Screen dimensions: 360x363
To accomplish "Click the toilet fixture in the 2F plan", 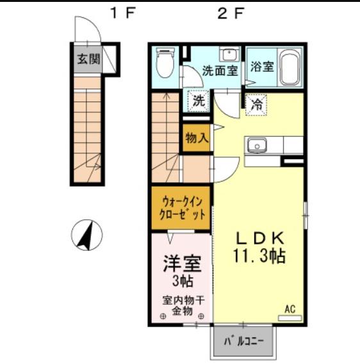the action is pos(165,63).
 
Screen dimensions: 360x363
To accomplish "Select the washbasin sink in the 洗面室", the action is pos(229,54).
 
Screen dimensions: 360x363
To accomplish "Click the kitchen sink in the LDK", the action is pos(257,146).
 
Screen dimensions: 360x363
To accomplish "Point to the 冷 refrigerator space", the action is pos(256,105).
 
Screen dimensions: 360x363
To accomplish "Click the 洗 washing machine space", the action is pos(199,101).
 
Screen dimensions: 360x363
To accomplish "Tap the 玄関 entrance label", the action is pos(88,59).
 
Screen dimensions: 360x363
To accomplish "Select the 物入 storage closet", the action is pos(197,138).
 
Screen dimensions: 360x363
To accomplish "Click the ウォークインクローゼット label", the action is pos(182,208).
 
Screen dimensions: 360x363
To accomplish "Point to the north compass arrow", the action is pos(86,235).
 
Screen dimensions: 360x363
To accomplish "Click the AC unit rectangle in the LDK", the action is pos(290,318).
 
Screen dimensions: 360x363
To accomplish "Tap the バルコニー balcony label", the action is pos(243,341).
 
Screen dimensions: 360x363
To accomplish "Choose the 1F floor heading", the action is pos(122,13).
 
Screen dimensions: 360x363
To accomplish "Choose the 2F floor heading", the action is pos(231,13).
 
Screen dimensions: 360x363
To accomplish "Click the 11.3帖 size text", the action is pos(259,256).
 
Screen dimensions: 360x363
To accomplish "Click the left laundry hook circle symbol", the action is pos(163,316).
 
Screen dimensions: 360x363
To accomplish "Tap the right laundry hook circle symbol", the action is pos(201,316).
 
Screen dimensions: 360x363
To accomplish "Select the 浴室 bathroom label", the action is pos(262,67).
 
